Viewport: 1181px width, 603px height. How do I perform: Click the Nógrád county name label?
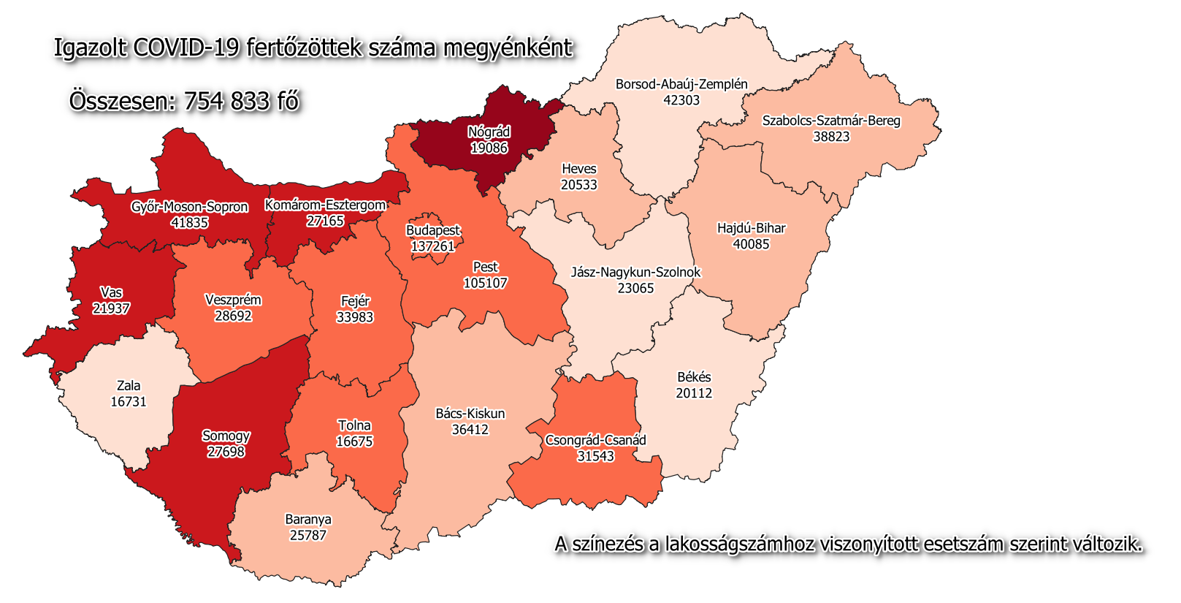click(489, 132)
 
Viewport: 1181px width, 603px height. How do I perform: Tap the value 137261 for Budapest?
click(432, 246)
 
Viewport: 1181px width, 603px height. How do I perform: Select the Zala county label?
click(129, 386)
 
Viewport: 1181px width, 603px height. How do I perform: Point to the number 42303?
click(681, 100)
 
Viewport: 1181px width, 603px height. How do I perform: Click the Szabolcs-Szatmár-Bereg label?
click(831, 121)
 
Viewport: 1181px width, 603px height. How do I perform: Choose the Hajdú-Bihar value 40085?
click(751, 244)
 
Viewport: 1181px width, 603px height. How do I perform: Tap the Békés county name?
click(694, 377)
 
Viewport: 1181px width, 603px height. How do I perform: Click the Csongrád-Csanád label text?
click(595, 440)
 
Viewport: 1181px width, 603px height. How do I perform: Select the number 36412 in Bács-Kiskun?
click(470, 430)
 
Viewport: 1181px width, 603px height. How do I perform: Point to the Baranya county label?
click(308, 520)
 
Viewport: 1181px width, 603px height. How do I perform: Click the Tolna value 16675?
click(354, 441)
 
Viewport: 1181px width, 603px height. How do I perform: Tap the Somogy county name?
click(226, 436)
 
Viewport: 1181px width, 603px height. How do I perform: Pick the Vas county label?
click(111, 293)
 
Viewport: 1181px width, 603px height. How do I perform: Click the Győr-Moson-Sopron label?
click(189, 207)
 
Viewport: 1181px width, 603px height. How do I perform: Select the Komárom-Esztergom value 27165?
click(325, 221)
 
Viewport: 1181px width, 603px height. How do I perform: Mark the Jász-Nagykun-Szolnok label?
click(635, 272)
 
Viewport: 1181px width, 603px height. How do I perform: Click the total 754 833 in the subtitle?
click(227, 101)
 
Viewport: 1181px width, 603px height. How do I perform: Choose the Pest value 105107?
click(485, 283)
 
